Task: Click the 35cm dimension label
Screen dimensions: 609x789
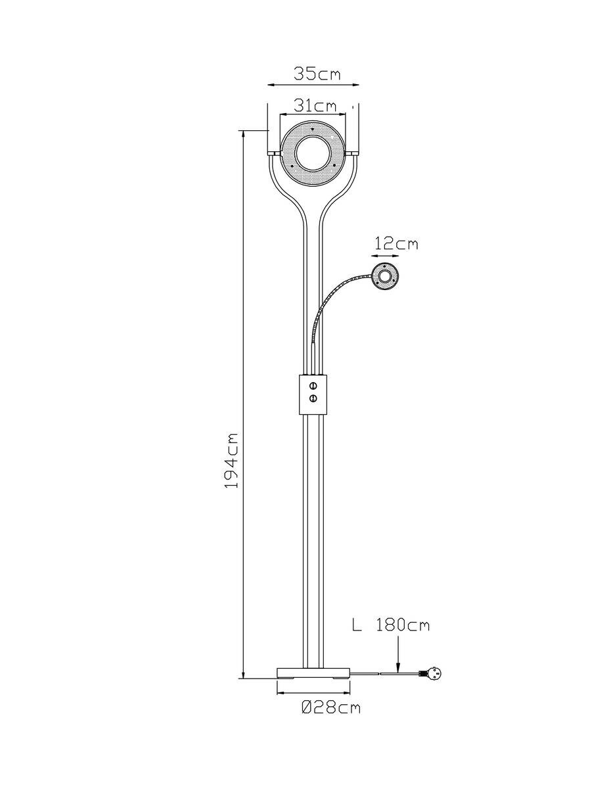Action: (317, 74)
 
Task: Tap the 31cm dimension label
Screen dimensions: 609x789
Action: (315, 106)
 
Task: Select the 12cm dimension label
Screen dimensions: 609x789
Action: (395, 244)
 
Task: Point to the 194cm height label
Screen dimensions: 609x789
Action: (231, 460)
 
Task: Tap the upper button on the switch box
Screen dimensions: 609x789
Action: (313, 385)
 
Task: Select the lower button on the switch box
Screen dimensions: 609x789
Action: (313, 398)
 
